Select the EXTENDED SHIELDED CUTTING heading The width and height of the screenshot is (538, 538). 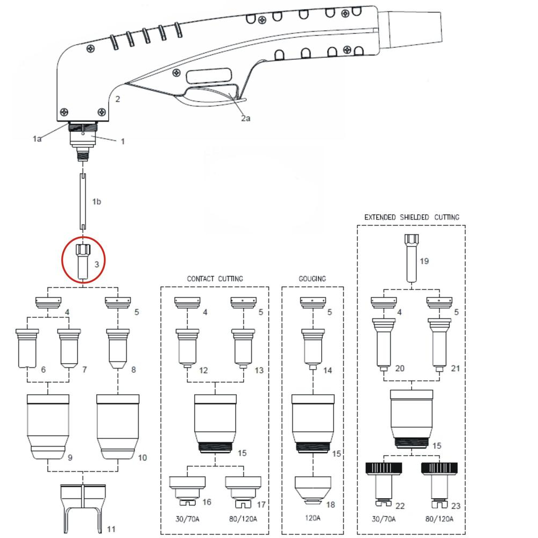point(412,217)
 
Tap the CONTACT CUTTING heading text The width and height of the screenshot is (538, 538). point(215,279)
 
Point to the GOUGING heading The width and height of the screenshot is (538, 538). point(312,279)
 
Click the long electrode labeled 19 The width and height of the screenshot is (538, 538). point(412,258)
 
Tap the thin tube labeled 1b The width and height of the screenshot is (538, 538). point(83,200)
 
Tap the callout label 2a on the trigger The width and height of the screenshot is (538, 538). point(245,118)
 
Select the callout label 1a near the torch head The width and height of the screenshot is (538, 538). point(37,139)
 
